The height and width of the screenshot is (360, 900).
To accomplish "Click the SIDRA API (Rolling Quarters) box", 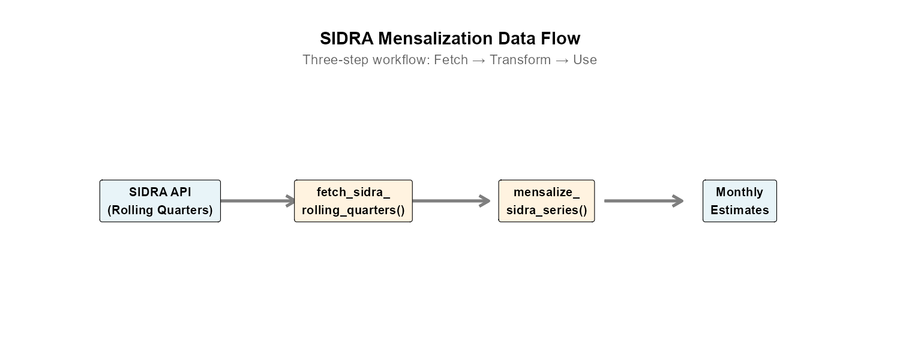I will tap(160, 201).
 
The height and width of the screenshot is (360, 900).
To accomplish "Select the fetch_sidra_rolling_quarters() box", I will tap(353, 201).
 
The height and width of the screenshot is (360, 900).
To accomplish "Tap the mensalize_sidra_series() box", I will tap(547, 201).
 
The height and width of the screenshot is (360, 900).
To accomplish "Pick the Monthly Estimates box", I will tap(740, 201).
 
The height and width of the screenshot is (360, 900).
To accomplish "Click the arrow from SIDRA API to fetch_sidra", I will tap(257, 201).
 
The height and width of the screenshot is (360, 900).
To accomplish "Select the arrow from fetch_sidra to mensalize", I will tap(451, 201).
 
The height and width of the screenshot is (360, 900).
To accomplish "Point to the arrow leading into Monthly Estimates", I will tap(643, 201).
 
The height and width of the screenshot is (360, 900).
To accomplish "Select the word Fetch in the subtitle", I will tap(451, 60).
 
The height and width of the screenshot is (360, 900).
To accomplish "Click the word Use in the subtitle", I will tap(584, 60).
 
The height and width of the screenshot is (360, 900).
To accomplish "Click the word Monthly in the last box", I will tap(740, 192).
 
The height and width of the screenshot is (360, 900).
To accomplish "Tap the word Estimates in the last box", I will tap(740, 210).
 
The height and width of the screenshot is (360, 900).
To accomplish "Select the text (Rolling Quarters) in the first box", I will tap(160, 210).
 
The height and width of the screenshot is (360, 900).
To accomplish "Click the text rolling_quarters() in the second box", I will tap(353, 210).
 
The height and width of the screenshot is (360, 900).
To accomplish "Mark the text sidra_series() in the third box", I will tap(547, 210).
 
